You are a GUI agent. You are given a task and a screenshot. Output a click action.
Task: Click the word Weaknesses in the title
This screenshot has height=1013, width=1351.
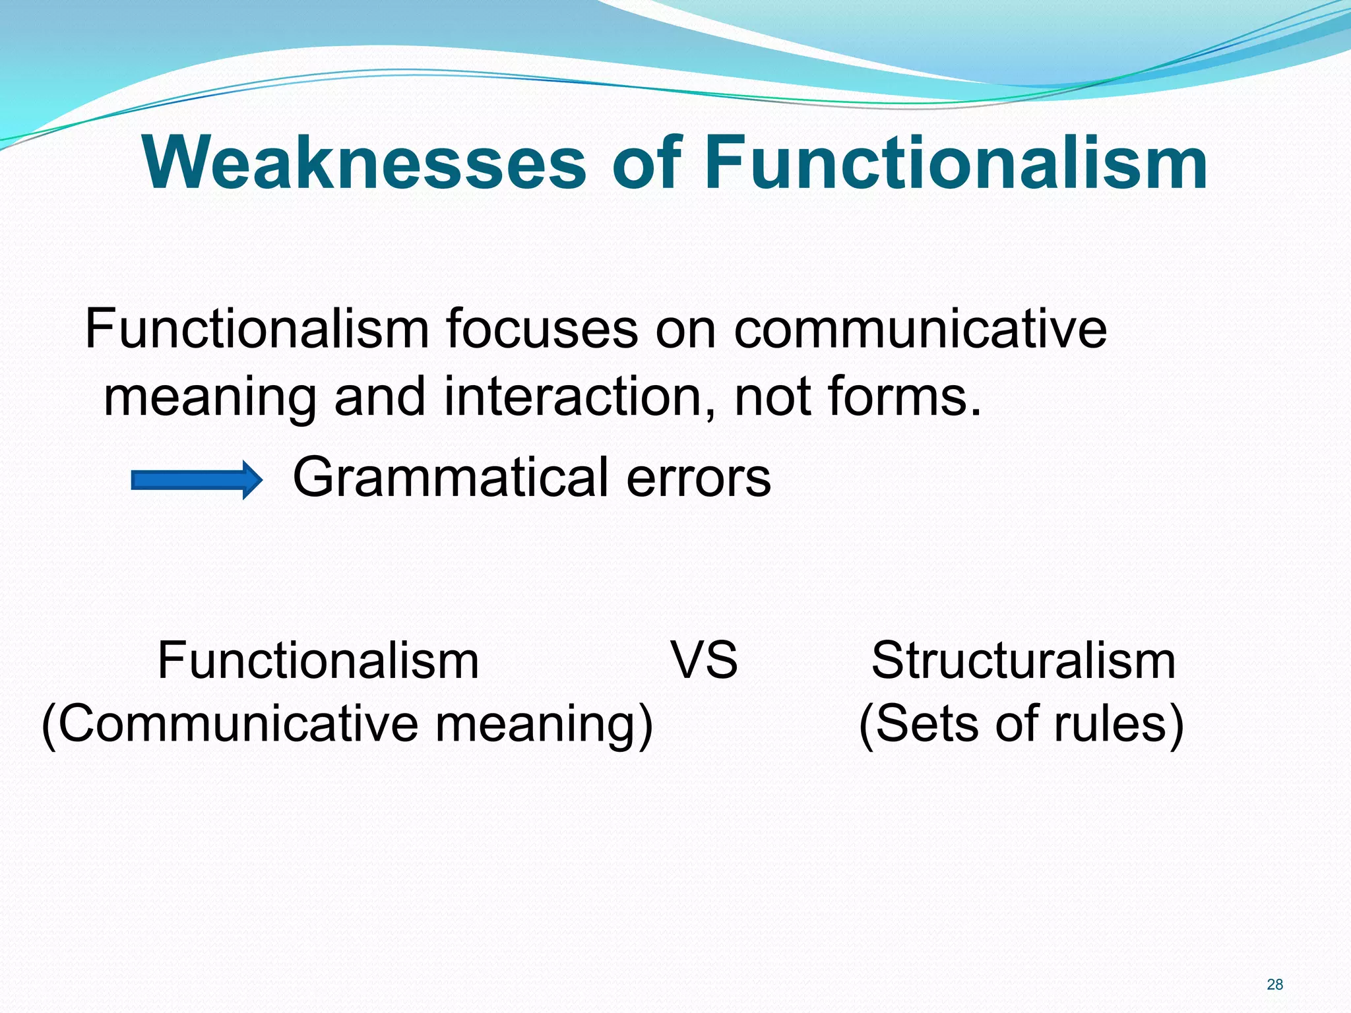coord(363,163)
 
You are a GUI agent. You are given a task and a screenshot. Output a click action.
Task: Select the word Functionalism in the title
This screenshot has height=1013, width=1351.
coord(956,163)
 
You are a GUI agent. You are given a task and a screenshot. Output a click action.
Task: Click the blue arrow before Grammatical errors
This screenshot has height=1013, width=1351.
coord(197,479)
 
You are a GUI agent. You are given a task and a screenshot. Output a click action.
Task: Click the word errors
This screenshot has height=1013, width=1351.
coord(699,477)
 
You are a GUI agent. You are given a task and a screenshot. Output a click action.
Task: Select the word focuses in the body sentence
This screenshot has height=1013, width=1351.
coord(542,329)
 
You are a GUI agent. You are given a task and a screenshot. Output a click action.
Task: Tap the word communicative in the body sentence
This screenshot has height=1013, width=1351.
coord(920,329)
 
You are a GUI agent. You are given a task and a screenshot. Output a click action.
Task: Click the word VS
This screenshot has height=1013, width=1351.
coord(705,660)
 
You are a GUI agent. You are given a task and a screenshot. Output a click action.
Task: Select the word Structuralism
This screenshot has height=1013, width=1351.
coord(1023,660)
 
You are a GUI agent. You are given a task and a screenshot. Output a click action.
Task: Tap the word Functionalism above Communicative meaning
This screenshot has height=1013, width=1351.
coord(318,660)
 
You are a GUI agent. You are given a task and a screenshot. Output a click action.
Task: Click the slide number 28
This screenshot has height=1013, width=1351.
coord(1274,985)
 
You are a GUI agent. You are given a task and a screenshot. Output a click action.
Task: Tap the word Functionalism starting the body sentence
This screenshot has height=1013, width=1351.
coord(257,329)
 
